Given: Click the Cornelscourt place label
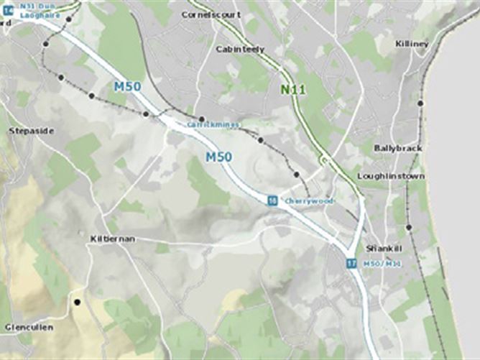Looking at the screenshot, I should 211,14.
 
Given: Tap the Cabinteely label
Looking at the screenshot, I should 240,49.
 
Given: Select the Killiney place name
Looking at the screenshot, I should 412,44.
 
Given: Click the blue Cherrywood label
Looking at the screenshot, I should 309,201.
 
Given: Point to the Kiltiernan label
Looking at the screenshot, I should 112,238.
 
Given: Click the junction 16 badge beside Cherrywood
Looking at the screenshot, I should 272,200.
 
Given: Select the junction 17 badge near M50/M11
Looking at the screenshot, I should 351,264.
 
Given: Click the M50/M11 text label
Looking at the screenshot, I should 382,264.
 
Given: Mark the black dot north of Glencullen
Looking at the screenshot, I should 77,302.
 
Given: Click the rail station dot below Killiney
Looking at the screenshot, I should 420,103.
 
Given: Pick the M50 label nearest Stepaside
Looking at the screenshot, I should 127,87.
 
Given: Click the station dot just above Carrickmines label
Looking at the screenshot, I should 202,119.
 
